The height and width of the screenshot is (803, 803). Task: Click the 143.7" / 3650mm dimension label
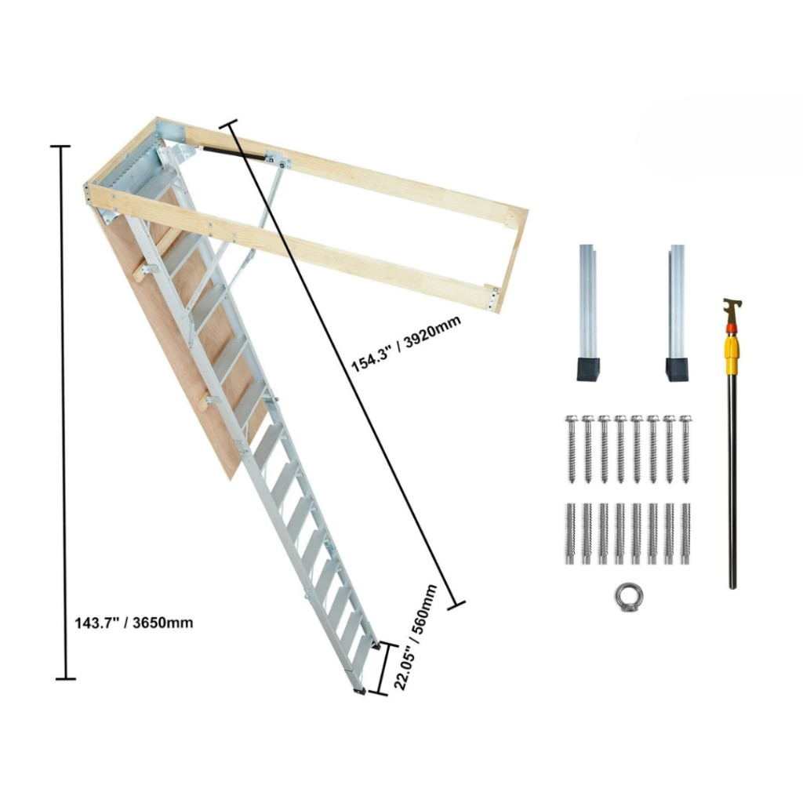pos(134,623)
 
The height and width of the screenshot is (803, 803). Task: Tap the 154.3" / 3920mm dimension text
pos(405,343)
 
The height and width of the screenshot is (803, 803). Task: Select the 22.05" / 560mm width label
pos(416,637)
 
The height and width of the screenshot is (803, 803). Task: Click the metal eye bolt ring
pos(628,597)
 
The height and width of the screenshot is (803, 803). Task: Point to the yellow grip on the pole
pos(732,352)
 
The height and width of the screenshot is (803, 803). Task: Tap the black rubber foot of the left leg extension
pos(588,369)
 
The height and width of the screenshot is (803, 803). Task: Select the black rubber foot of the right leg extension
pos(677,369)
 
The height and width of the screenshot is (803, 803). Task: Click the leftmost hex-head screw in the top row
pos(572,449)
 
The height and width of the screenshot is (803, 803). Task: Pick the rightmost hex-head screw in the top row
pos(685,449)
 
